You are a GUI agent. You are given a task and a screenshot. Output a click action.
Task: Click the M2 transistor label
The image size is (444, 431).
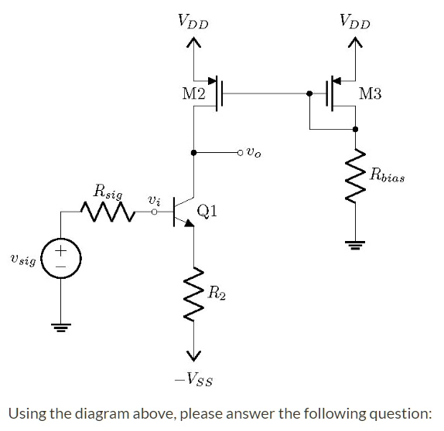click(193, 94)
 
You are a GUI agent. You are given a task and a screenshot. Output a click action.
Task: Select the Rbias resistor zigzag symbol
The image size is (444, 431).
click(355, 177)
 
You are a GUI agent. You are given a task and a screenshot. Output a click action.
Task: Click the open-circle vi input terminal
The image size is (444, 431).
click(154, 209)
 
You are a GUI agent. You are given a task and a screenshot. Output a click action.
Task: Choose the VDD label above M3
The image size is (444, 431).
click(355, 23)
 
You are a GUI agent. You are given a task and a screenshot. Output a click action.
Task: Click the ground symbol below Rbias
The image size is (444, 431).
click(355, 245)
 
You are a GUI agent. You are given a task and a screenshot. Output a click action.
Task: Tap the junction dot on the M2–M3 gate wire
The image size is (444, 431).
click(309, 94)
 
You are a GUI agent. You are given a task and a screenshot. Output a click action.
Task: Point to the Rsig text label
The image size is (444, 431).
click(107, 189)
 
